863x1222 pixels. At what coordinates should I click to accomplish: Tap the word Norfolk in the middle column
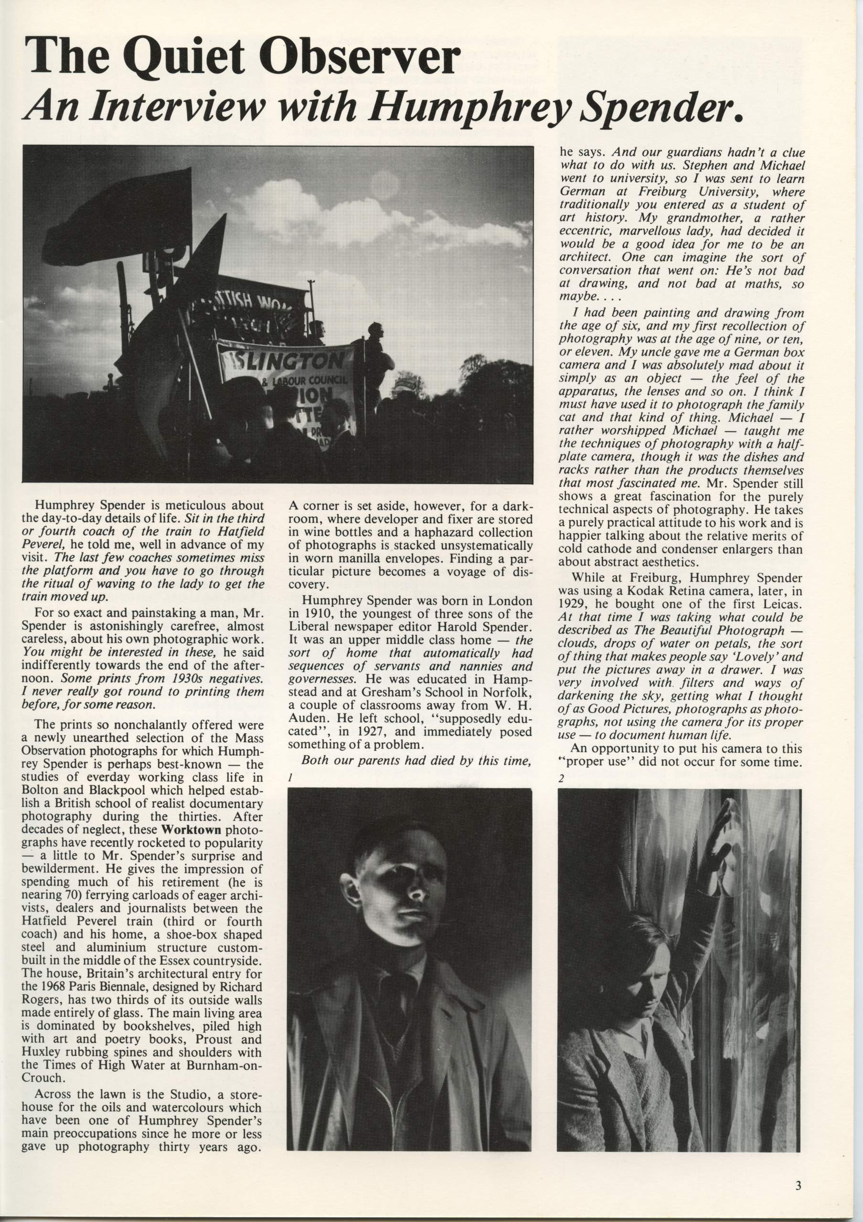click(511, 694)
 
